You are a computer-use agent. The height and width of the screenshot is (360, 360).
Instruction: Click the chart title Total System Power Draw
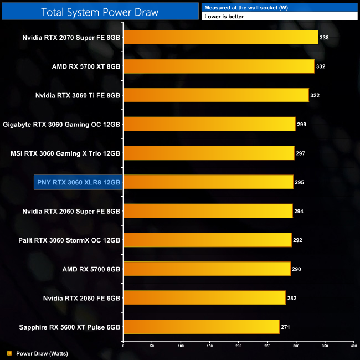tap(99, 12)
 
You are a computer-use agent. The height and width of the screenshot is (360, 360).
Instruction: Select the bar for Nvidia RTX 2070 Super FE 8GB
tap(220, 38)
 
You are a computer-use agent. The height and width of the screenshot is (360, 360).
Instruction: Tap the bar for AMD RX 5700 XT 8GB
tap(218, 66)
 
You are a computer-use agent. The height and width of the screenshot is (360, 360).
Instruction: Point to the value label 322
tap(315, 95)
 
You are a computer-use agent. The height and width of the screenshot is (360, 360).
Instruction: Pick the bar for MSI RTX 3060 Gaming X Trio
tap(208, 153)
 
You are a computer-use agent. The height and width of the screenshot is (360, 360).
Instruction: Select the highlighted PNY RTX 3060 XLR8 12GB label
tap(78, 182)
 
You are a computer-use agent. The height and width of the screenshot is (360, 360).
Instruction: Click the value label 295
tap(300, 182)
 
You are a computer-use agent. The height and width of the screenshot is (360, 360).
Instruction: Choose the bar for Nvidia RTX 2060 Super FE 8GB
tap(208, 211)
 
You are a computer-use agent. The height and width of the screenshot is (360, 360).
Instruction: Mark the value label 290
tap(297, 269)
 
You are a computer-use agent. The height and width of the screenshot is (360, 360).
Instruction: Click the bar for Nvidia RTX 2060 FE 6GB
tap(204, 297)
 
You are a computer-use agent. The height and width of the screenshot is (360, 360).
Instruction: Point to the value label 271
tap(285, 327)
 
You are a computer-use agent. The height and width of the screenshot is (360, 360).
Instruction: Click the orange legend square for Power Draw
tap(9, 353)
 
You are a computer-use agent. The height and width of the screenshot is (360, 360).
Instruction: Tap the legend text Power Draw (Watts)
tap(42, 353)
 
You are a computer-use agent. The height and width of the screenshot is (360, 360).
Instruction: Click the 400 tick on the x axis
tap(353, 346)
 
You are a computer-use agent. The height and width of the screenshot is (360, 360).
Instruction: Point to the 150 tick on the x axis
tap(209, 346)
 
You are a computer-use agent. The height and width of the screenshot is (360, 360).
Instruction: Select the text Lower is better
tap(224, 17)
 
